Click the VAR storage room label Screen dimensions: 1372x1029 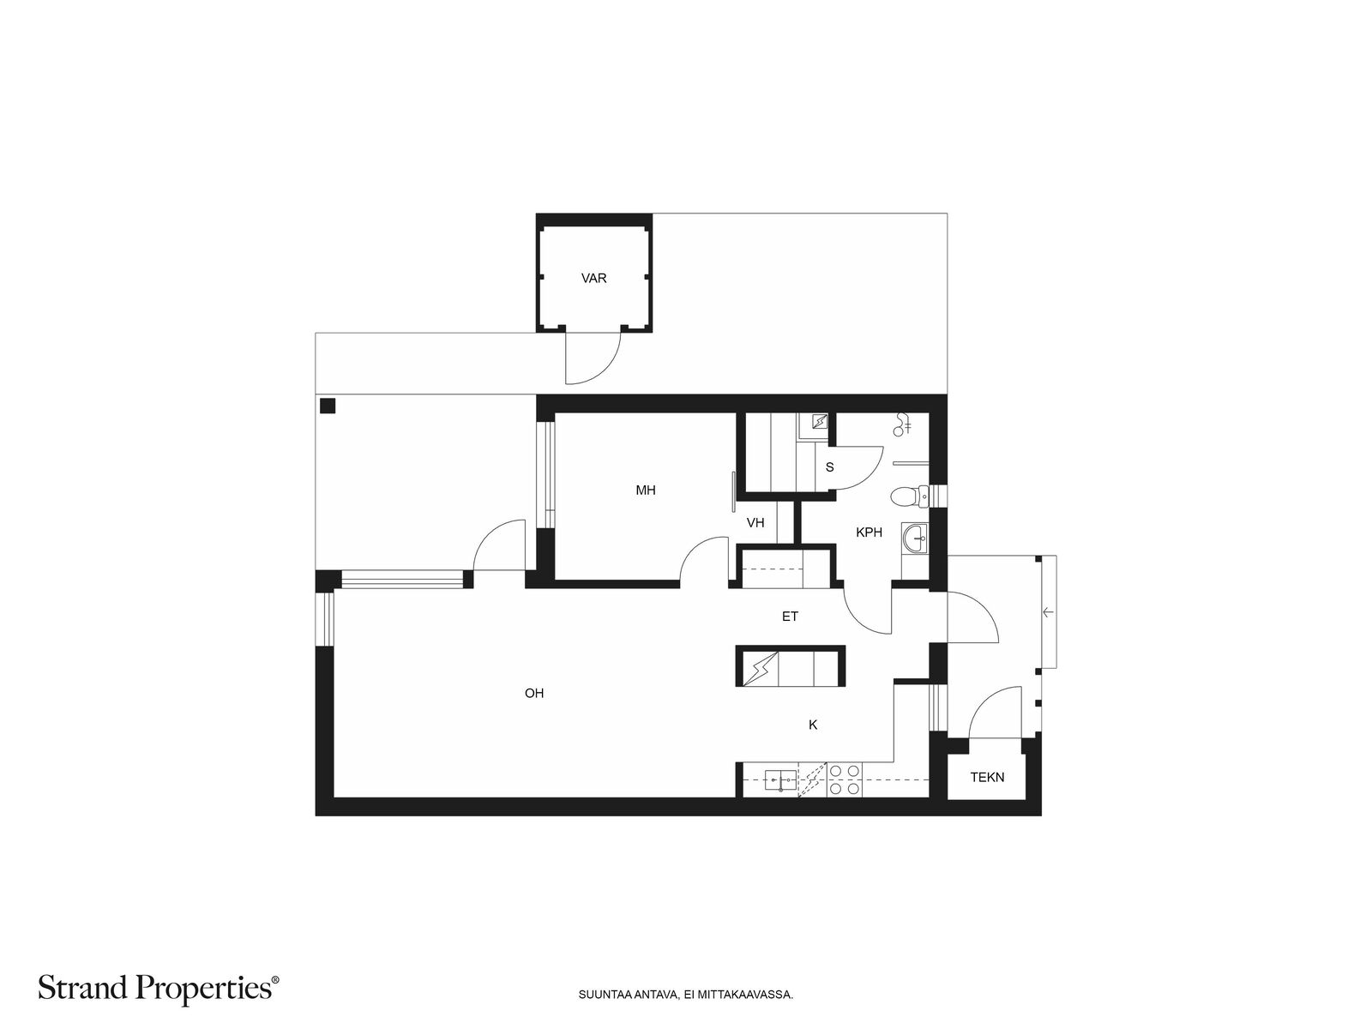(593, 278)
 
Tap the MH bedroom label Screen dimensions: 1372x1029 (645, 490)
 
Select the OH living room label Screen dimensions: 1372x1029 (534, 693)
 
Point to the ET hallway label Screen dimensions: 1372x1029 (790, 617)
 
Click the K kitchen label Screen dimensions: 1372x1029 (813, 725)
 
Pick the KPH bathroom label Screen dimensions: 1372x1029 (869, 533)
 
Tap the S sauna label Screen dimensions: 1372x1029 (829, 467)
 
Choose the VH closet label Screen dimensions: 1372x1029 (755, 523)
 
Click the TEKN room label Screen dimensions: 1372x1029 (987, 777)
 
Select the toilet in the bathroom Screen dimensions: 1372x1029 (910, 496)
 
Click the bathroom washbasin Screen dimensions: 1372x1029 (916, 539)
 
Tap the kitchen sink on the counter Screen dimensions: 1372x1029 (780, 780)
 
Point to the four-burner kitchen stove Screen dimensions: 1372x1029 (844, 780)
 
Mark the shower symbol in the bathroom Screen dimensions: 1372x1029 (903, 424)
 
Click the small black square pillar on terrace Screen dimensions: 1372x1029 (328, 406)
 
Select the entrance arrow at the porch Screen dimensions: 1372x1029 (1048, 611)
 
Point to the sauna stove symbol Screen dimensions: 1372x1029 (818, 423)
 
